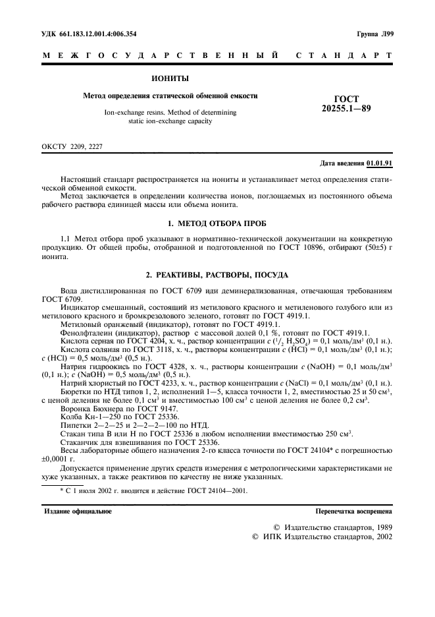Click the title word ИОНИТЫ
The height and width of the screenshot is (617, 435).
tap(170, 78)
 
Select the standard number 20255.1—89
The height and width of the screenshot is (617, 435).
tap(346, 108)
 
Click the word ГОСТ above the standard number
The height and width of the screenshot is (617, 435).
tap(346, 98)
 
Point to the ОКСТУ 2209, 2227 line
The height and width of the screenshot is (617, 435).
tap(72, 146)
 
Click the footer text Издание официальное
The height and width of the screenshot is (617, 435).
tap(78, 511)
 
